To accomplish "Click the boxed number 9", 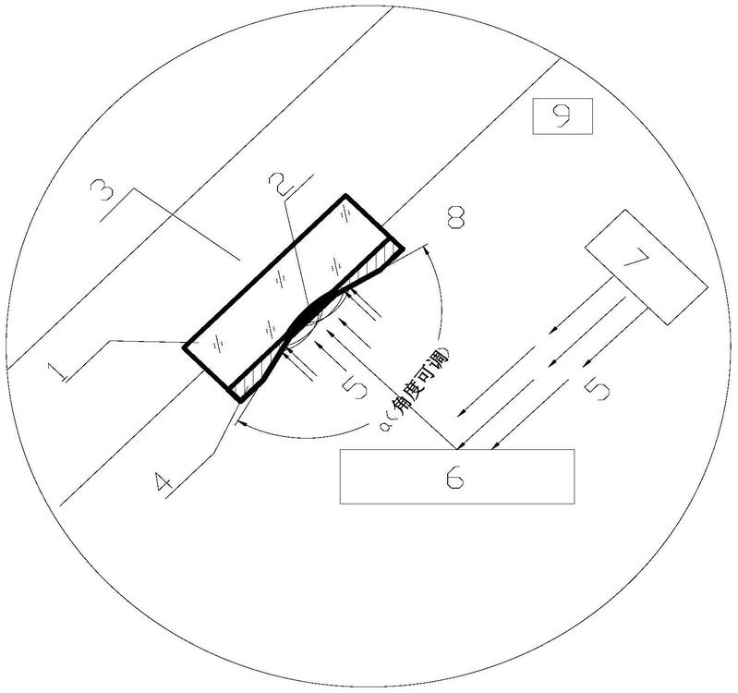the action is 562,115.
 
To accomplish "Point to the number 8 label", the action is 456,219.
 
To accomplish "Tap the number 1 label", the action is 59,371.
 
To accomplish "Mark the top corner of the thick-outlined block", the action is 346,196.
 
